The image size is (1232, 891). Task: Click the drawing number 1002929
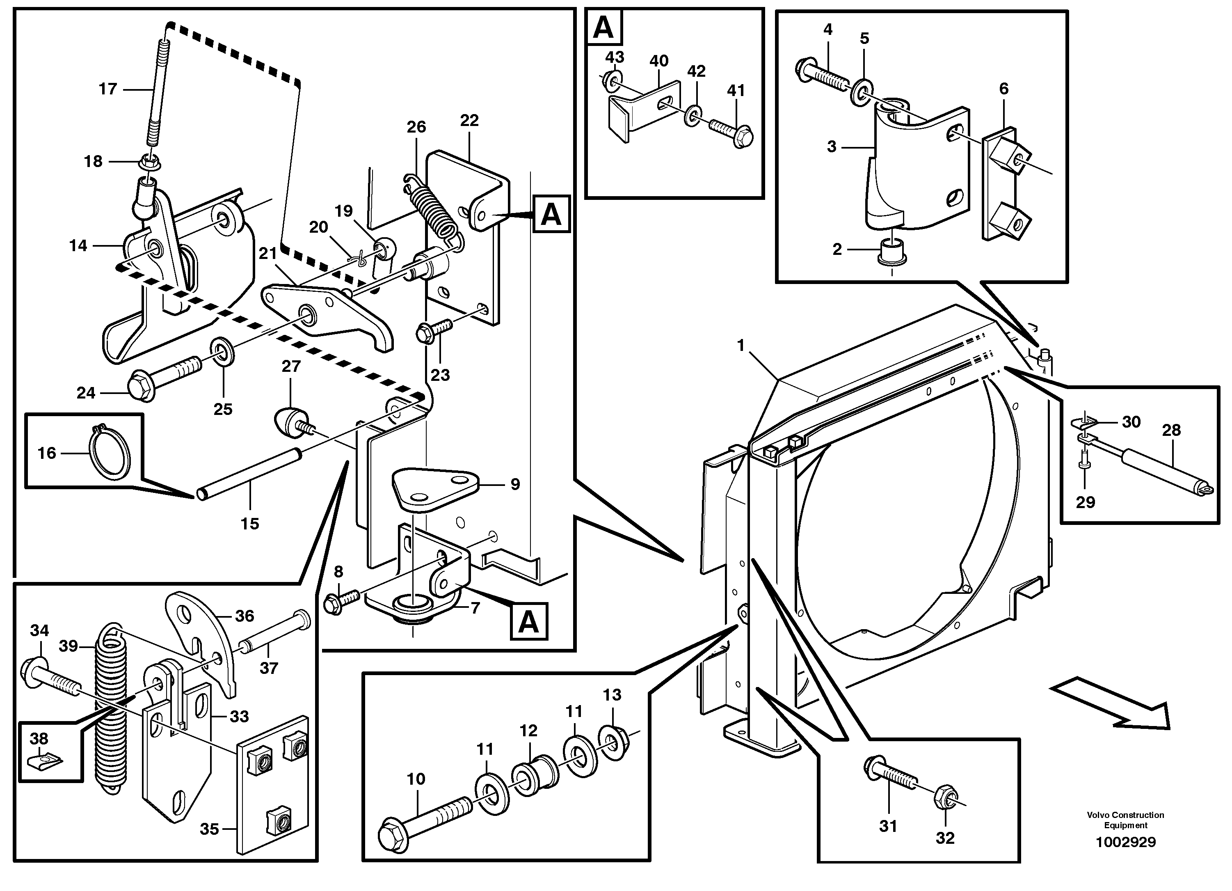(1125, 842)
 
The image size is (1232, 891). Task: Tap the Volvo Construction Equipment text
(1125, 820)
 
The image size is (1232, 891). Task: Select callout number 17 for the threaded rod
(107, 89)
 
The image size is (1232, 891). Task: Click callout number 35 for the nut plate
(209, 829)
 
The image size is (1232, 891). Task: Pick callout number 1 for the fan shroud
(741, 346)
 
